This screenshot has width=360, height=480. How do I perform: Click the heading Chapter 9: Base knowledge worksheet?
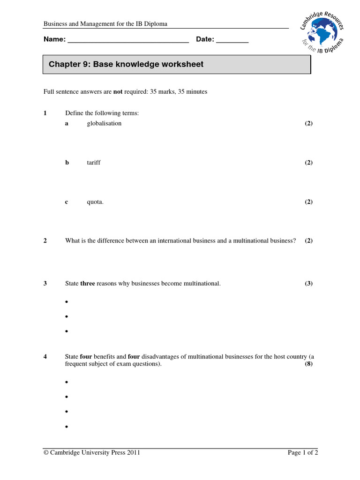126,64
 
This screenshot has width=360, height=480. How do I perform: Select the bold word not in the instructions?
118,92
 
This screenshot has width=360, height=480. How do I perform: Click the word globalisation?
104,123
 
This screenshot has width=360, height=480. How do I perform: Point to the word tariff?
94,163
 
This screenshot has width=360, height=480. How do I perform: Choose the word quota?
95,202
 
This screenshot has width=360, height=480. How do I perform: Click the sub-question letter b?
67,163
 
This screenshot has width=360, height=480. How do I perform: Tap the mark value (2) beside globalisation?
308,123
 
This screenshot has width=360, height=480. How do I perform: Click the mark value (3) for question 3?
308,284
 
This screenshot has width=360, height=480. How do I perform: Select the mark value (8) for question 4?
308,364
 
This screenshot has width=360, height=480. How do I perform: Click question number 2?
45,241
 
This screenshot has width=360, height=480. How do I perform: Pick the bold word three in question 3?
88,284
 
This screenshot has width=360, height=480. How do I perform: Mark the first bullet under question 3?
67,302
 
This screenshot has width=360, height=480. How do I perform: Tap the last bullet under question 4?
67,427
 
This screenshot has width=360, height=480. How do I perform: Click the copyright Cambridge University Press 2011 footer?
91,453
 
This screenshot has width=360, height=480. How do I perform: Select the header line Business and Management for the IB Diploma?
105,24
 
